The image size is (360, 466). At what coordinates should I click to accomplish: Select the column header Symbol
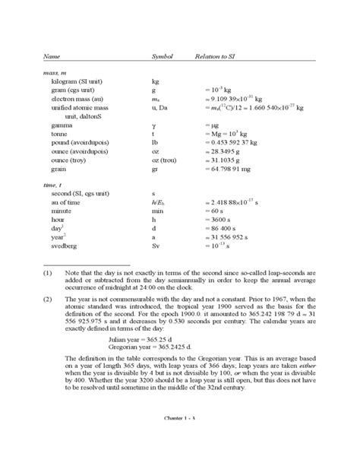pyautogui.click(x=163, y=57)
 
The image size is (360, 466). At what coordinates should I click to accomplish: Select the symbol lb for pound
pyautogui.click(x=155, y=141)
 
